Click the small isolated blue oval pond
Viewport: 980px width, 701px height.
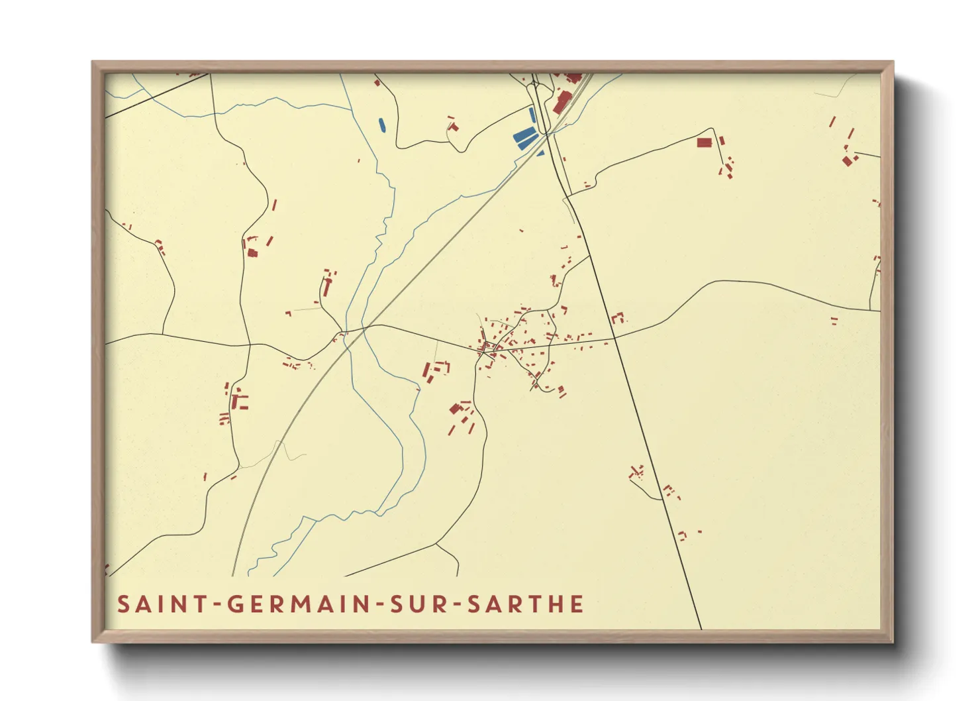point(381,124)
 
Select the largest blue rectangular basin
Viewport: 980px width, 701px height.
point(525,138)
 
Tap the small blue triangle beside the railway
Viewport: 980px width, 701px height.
point(540,153)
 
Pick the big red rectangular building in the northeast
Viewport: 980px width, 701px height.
point(704,142)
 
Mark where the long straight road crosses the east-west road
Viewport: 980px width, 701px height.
point(614,338)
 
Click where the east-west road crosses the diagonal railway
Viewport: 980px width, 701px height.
point(364,327)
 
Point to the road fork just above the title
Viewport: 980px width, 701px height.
point(436,544)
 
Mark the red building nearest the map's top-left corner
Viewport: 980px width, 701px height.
point(195,74)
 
